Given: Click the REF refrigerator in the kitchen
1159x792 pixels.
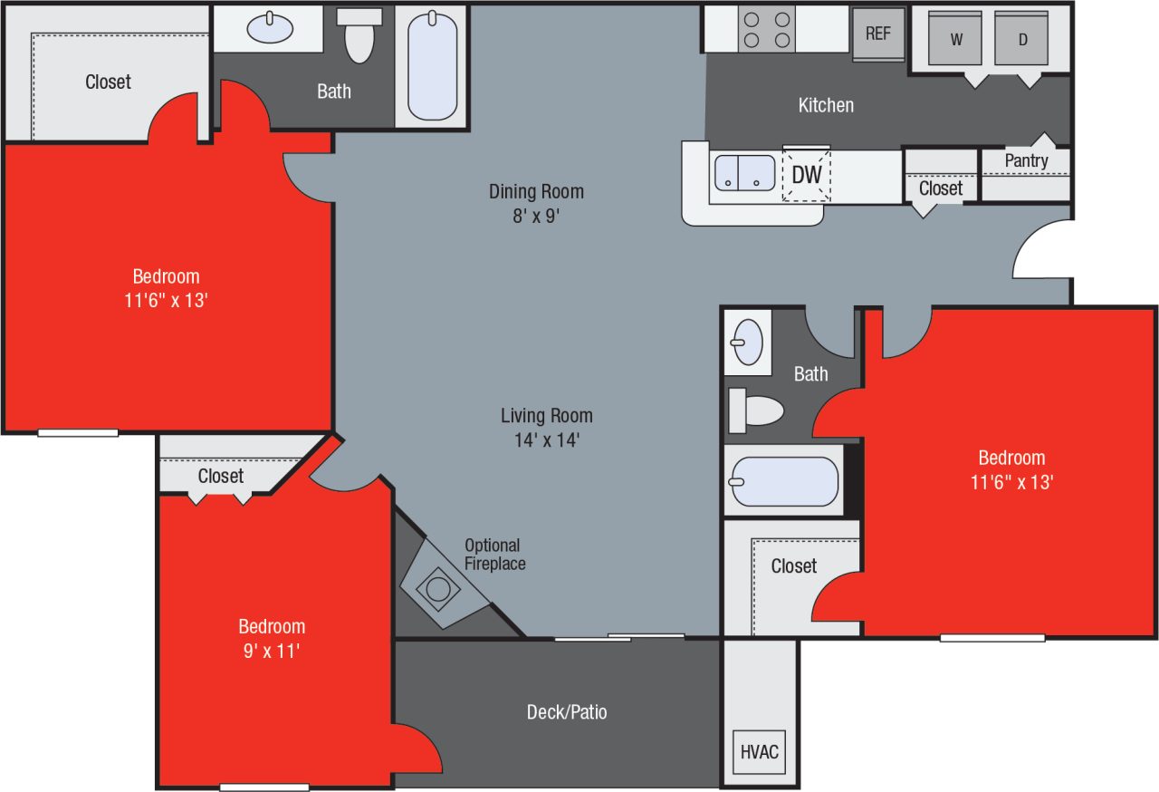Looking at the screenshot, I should pyautogui.click(x=877, y=34).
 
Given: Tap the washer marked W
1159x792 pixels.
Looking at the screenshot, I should pyautogui.click(x=955, y=39).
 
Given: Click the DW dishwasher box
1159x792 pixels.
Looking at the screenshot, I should pyautogui.click(x=806, y=174).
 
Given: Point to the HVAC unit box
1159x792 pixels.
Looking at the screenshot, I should pyautogui.click(x=760, y=752).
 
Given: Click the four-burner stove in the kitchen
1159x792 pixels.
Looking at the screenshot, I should pyautogui.click(x=765, y=29).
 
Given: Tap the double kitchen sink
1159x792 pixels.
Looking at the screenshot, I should pyautogui.click(x=744, y=173).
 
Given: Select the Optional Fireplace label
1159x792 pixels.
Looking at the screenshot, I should pyautogui.click(x=494, y=554).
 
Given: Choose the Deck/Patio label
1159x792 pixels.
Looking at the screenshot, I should pyautogui.click(x=567, y=712).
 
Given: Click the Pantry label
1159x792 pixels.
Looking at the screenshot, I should pyautogui.click(x=1026, y=160).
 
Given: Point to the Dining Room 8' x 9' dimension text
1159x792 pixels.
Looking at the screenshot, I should pyautogui.click(x=536, y=216).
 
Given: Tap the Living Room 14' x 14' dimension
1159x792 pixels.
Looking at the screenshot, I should pyautogui.click(x=546, y=440).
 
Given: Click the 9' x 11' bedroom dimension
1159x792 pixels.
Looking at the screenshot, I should pyautogui.click(x=271, y=650).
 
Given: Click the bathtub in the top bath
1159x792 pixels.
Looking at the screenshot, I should pyautogui.click(x=432, y=65).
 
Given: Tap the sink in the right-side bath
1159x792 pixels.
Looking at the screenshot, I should pyautogui.click(x=747, y=342).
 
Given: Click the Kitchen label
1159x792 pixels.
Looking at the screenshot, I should pyautogui.click(x=825, y=105).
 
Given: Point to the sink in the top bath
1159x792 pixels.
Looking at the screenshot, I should pyautogui.click(x=270, y=28).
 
